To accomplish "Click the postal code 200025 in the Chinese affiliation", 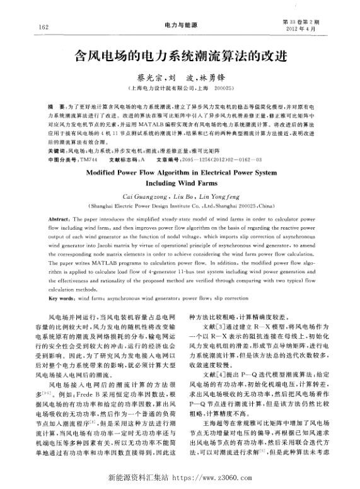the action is click(x=224, y=89).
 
